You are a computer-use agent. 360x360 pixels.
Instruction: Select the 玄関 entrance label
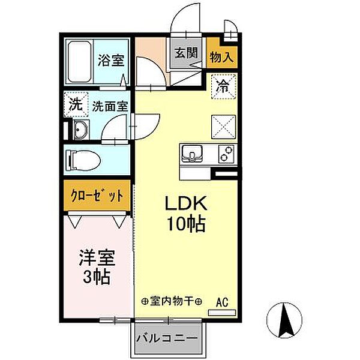186,52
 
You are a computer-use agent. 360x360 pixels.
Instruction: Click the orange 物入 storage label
221,56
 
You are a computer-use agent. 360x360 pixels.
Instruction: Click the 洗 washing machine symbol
76,103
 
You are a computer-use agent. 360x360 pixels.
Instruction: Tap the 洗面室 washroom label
110,106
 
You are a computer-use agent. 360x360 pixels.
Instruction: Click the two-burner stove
227,154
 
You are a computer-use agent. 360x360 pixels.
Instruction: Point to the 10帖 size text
185,225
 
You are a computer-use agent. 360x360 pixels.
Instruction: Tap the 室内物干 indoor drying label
171,301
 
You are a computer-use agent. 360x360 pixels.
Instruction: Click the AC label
222,301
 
